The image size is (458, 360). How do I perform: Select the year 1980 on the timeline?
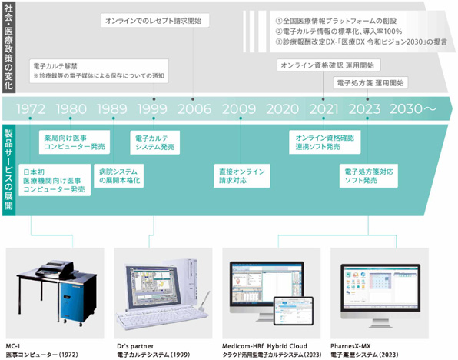(x=71, y=108)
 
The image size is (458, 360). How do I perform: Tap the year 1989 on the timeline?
(x=113, y=108)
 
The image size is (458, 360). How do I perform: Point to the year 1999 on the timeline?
(x=153, y=108)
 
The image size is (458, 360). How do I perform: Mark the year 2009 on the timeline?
(x=241, y=108)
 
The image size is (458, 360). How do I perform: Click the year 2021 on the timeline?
(x=323, y=108)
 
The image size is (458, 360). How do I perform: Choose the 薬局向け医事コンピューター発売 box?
(x=75, y=142)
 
